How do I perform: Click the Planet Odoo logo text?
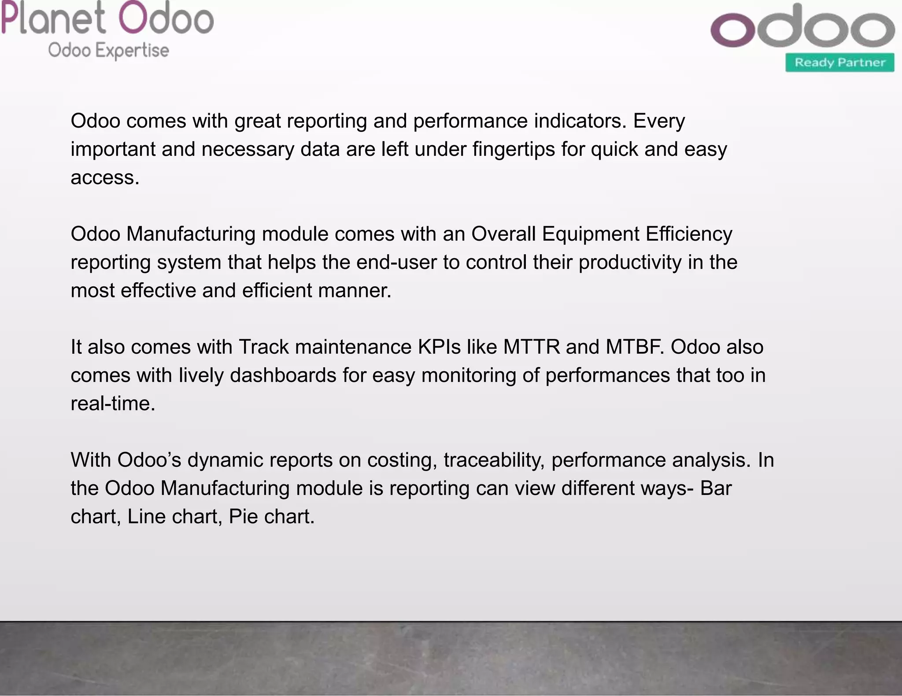click(107, 18)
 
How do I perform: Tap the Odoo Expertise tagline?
click(108, 50)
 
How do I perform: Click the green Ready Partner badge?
click(839, 62)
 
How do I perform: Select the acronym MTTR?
click(532, 347)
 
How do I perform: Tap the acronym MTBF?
click(635, 347)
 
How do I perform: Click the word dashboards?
click(283, 375)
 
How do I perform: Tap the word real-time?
click(112, 403)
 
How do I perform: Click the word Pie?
click(243, 517)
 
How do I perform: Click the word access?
click(104, 178)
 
